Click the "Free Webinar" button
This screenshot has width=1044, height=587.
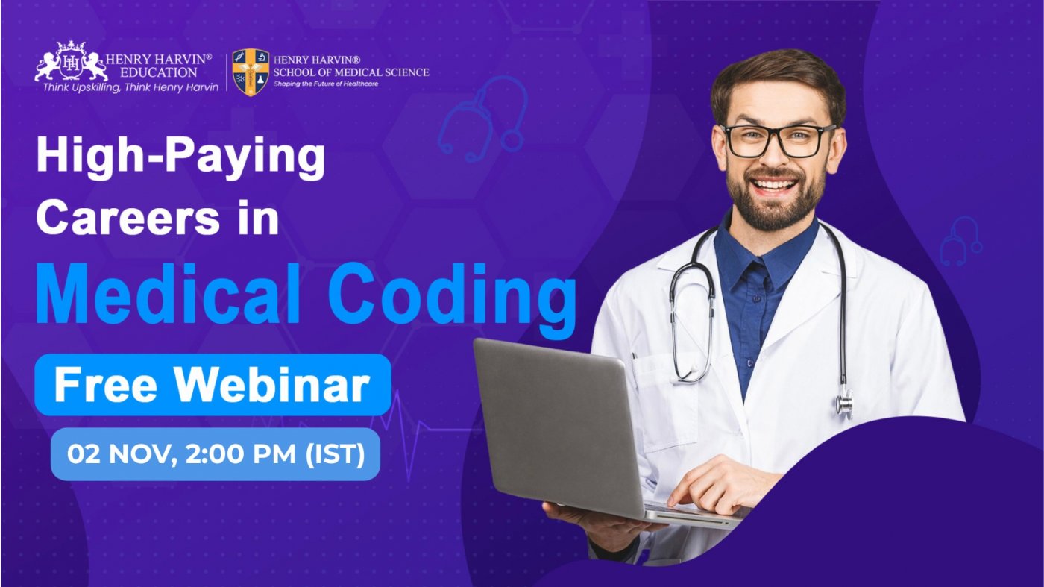213,385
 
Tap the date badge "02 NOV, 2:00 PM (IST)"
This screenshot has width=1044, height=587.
216,453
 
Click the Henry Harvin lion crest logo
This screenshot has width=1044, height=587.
71,64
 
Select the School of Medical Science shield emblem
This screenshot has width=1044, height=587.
251,72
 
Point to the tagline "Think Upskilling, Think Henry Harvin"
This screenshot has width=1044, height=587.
130,87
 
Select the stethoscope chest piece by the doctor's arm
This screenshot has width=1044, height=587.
844,404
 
